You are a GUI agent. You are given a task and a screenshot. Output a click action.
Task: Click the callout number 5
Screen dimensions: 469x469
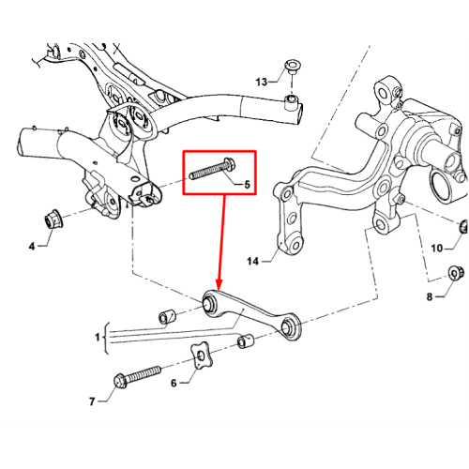(x=247, y=185)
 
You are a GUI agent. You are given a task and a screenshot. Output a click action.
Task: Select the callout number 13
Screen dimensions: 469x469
(x=262, y=82)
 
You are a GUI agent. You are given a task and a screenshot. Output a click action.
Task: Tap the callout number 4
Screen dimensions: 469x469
(x=32, y=247)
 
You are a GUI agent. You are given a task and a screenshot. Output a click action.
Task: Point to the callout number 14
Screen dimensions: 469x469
(x=252, y=261)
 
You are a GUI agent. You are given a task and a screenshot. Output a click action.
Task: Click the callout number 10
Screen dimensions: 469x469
(x=437, y=249)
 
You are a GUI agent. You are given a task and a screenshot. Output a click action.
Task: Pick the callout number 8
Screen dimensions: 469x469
(x=430, y=296)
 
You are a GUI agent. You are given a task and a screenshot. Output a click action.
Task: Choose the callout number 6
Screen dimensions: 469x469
(x=174, y=383)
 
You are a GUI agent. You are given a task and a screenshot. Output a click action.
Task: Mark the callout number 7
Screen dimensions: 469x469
(x=92, y=401)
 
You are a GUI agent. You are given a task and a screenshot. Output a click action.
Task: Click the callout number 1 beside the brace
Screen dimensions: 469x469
(x=98, y=337)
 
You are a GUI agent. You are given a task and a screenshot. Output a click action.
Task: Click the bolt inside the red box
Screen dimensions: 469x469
(x=213, y=170)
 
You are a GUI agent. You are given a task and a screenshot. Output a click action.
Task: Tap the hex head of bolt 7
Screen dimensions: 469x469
(x=120, y=381)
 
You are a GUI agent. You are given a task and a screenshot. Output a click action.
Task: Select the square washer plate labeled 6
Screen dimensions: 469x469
(x=202, y=356)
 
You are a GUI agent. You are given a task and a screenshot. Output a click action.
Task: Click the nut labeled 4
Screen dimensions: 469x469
(x=53, y=219)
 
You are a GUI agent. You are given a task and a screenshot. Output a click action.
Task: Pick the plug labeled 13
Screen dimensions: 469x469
(x=292, y=67)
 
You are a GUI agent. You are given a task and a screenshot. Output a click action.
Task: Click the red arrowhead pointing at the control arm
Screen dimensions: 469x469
(x=219, y=284)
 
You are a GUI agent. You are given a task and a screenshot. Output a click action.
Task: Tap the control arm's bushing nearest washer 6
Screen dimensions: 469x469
(x=290, y=327)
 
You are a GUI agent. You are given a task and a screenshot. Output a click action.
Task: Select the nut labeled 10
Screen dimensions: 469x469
(x=463, y=226)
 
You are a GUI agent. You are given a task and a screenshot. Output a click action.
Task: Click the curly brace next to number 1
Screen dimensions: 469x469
(x=106, y=338)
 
